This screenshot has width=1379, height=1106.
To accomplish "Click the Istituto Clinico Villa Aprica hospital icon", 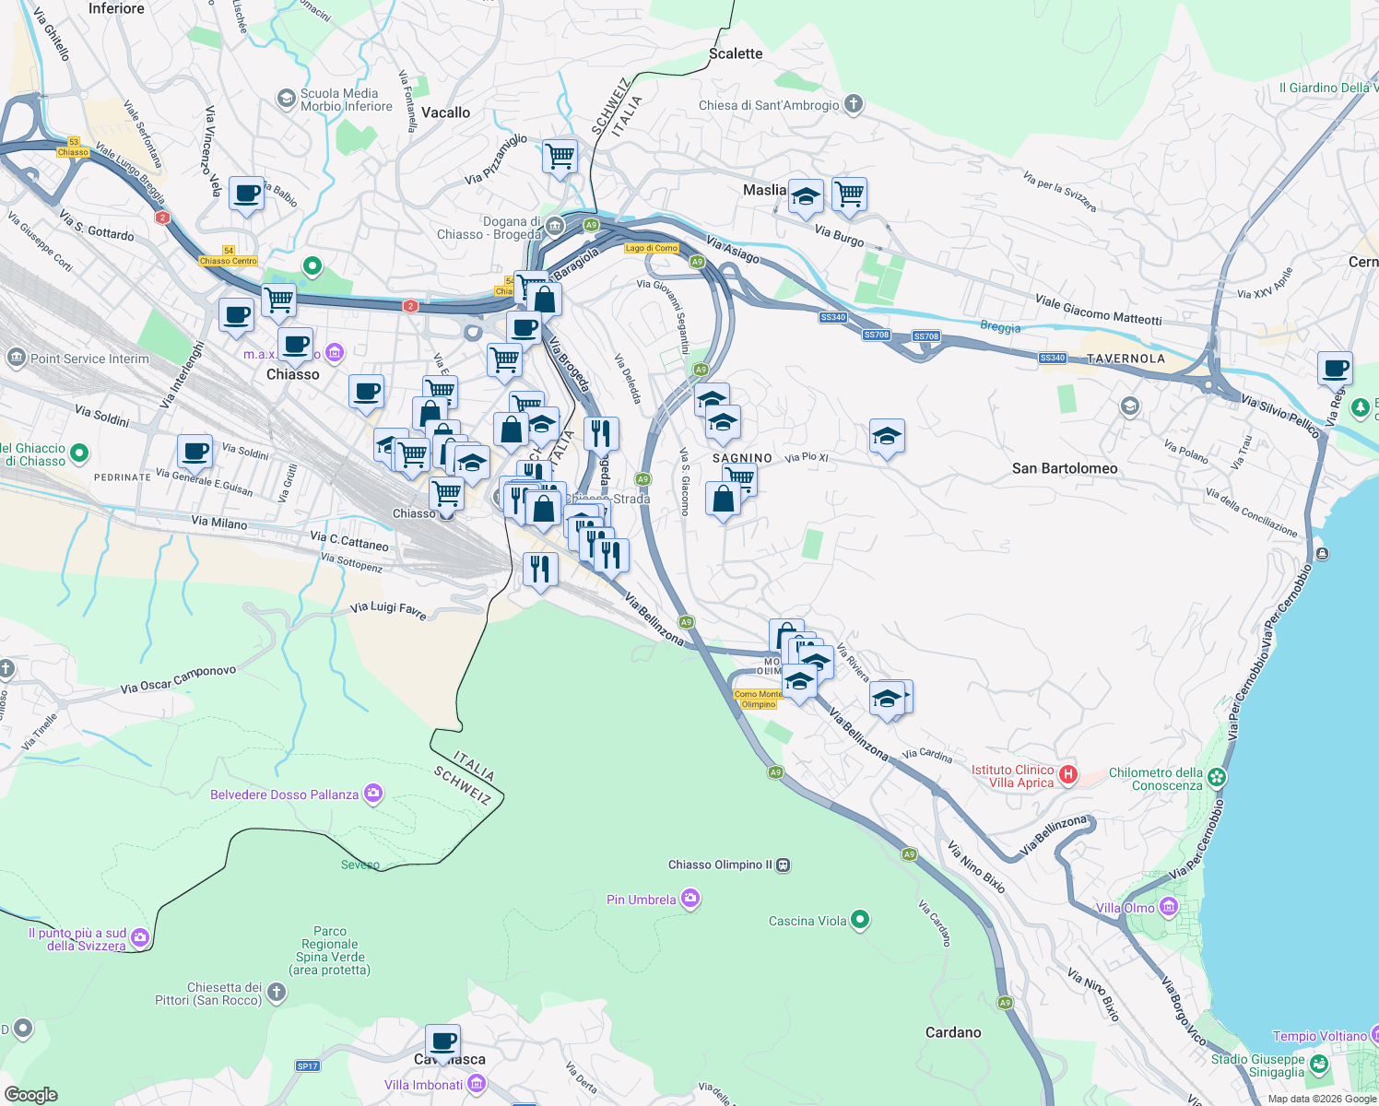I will point(1067,774).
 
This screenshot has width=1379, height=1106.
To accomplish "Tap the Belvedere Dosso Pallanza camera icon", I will point(373,794).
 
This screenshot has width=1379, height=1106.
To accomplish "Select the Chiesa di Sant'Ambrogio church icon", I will point(854,104).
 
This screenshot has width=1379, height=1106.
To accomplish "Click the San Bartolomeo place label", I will point(1064,468).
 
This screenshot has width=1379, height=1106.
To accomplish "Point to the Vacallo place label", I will point(445,112).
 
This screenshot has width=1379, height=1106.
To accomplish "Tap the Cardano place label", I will point(952,1032).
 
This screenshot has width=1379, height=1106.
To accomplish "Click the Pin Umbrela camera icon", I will point(689,899).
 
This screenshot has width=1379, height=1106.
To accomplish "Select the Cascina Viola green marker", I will point(859,919).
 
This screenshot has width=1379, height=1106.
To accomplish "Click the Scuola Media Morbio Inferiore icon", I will point(287,98).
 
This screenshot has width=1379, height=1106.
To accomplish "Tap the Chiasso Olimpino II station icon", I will point(783,865).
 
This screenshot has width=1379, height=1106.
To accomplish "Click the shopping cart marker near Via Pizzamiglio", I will point(560,157).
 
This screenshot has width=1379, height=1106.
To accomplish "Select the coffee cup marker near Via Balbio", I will point(246,194).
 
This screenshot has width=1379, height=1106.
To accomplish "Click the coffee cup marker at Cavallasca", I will point(442,1041).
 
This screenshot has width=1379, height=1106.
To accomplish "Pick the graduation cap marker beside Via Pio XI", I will point(886,436).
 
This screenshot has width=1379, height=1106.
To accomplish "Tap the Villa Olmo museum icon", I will point(1168,908).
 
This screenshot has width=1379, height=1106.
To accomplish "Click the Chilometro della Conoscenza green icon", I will point(1217,778).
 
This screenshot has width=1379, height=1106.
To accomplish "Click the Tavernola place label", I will point(1125,359).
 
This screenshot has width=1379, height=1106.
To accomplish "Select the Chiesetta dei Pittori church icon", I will point(276,993).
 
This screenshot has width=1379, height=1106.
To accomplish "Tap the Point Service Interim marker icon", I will point(16,358).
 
